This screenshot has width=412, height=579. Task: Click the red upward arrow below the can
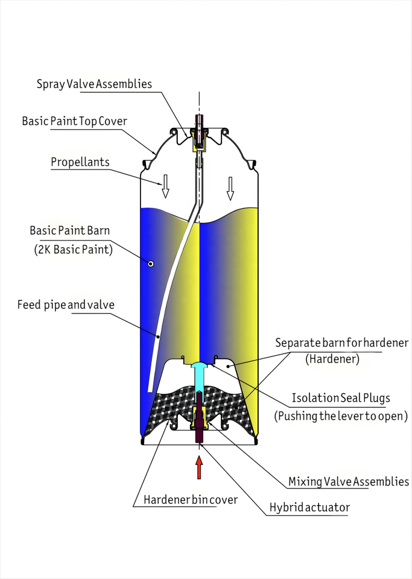pyautogui.click(x=199, y=467)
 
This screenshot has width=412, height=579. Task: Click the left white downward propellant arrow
pyautogui.click(x=165, y=186)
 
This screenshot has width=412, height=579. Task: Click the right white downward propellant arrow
pyautogui.click(x=230, y=189)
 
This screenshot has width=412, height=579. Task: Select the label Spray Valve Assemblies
pyautogui.click(x=95, y=84)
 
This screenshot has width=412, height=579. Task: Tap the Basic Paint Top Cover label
pyautogui.click(x=75, y=121)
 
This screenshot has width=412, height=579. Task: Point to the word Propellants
pyautogui.click(x=80, y=162)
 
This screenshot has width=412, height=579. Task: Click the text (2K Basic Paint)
pyautogui.click(x=73, y=250)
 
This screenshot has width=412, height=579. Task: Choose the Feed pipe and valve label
pyautogui.click(x=66, y=305)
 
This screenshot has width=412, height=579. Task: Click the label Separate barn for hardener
pyautogui.click(x=342, y=343)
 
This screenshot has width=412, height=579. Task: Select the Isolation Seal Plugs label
pyautogui.click(x=341, y=398)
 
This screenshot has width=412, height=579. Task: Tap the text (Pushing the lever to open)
pyautogui.click(x=341, y=416)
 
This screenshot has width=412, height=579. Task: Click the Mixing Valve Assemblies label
pyautogui.click(x=349, y=481)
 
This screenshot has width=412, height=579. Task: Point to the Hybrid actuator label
pyautogui.click(x=309, y=507)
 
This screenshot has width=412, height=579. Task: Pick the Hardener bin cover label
pyautogui.click(x=191, y=500)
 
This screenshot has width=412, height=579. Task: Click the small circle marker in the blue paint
pyautogui.click(x=151, y=264)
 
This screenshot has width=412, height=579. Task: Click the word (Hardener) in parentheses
pyautogui.click(x=332, y=359)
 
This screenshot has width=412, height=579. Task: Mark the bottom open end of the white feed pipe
pyautogui.click(x=150, y=391)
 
